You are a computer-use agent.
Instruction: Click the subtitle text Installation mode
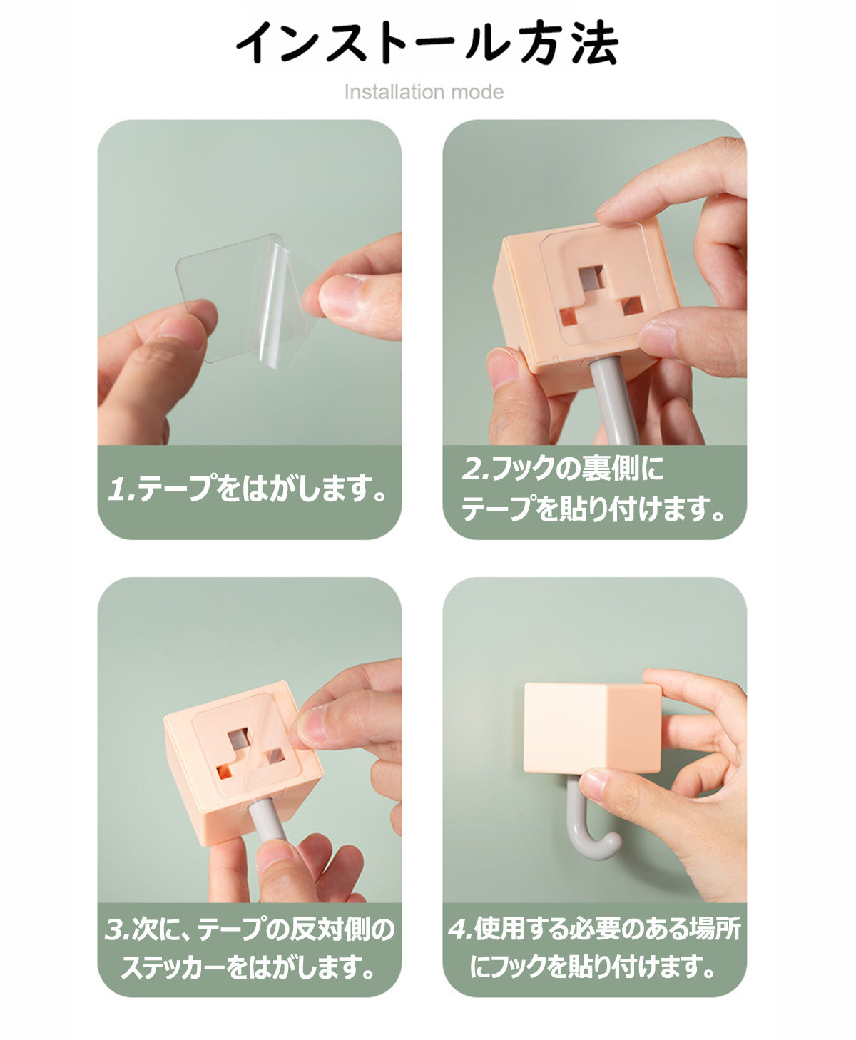click(424, 92)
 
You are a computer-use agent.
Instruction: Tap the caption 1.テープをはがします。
click(248, 489)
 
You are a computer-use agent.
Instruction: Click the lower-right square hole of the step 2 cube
click(632, 306)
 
